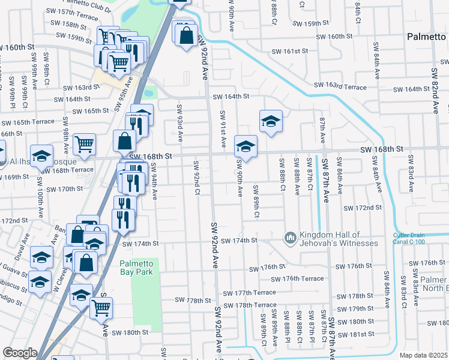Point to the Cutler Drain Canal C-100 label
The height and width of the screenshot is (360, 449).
(x=420, y=238)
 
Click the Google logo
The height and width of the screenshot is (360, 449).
(x=20, y=352)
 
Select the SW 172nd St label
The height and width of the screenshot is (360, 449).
(x=363, y=208)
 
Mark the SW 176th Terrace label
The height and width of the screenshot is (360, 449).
(x=297, y=278)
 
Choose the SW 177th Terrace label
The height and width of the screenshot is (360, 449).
(x=249, y=293)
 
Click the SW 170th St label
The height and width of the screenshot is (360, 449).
(x=62, y=188)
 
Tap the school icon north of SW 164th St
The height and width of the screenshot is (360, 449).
(x=271, y=121)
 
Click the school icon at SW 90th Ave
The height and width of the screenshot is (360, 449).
(x=246, y=146)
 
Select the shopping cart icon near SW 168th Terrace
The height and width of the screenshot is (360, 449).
(x=84, y=144)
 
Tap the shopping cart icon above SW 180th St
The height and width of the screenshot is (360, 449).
(x=101, y=308)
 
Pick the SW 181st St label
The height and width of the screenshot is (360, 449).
(x=355, y=334)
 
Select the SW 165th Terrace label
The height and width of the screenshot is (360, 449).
(x=31, y=122)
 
